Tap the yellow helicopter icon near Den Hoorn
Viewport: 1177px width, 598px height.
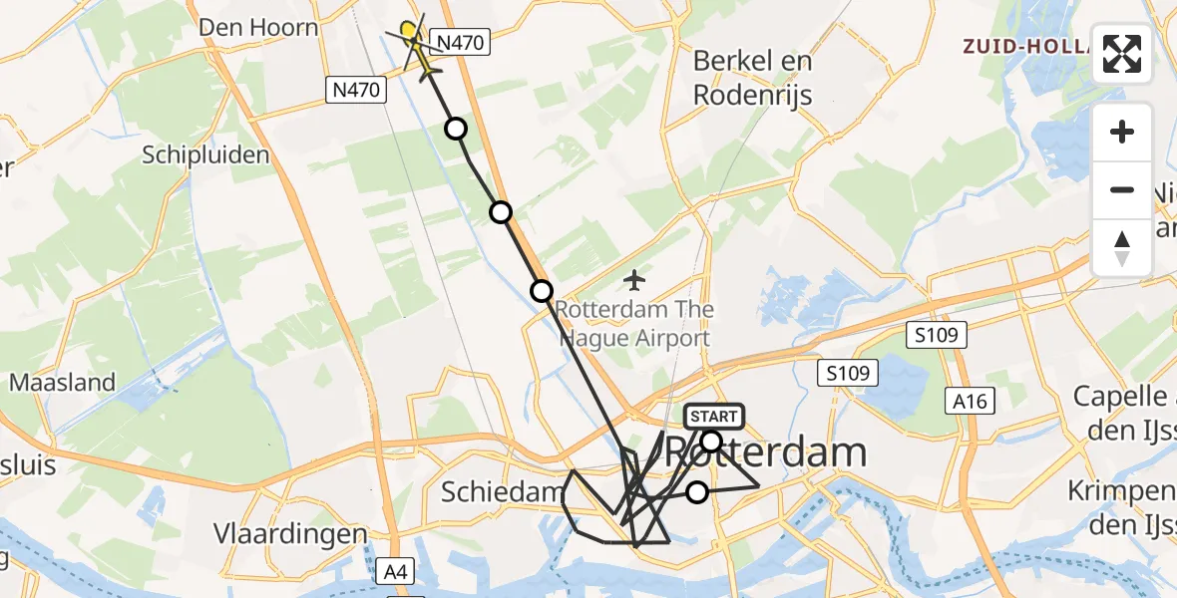tap(417, 46)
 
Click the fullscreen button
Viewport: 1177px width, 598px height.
tap(1122, 54)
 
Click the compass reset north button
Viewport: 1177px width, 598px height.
tap(1122, 248)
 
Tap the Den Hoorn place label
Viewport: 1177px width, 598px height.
tap(258, 27)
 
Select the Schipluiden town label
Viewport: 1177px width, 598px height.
tap(206, 155)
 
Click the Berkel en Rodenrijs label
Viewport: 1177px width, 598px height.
tap(753, 78)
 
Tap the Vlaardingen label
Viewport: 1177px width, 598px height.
tap(290, 533)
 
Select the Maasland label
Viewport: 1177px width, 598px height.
tap(62, 382)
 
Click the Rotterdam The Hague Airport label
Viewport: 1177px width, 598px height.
tap(634, 323)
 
